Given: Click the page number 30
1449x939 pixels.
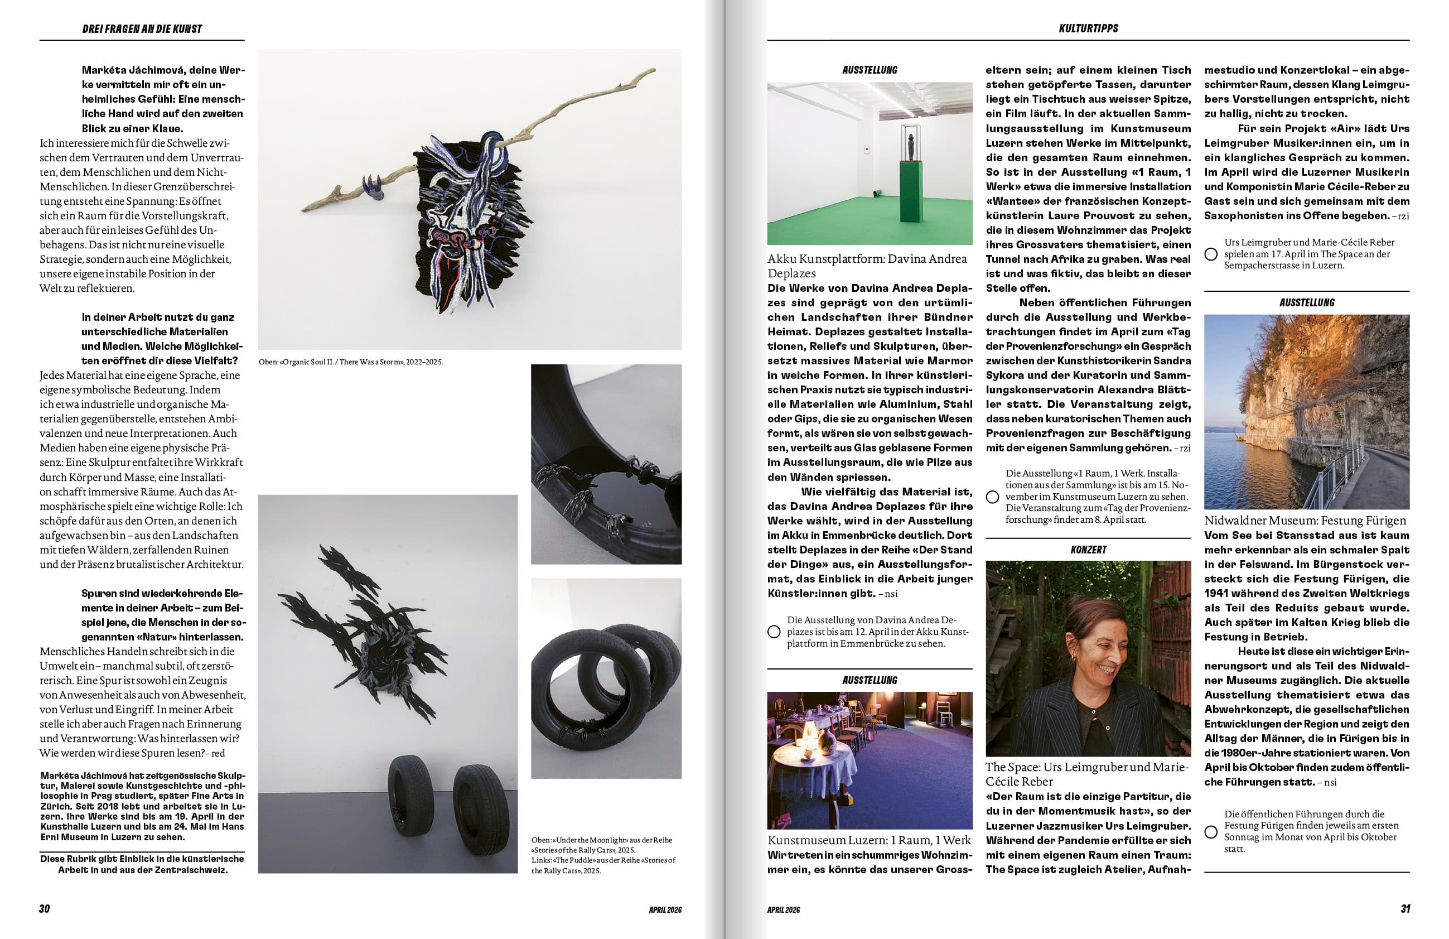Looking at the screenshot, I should (x=45, y=908).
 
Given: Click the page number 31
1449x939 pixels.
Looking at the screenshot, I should (x=1405, y=908).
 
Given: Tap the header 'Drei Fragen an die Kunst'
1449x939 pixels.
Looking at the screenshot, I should (x=142, y=28).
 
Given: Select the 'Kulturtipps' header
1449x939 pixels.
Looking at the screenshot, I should (x=1088, y=28).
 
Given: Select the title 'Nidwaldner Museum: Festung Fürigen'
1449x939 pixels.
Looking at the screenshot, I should (x=1305, y=521).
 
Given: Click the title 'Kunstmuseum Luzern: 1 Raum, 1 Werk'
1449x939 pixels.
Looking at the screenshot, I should (x=869, y=840).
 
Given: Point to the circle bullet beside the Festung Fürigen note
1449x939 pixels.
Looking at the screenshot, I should (x=1211, y=832).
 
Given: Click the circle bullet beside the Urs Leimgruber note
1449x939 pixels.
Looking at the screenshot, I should (x=1211, y=254).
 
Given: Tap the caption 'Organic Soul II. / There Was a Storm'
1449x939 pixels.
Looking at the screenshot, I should (x=351, y=362).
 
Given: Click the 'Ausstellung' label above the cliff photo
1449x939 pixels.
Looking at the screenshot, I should (x=1307, y=302).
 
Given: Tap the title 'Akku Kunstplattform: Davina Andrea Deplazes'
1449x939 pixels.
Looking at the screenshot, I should (x=867, y=266).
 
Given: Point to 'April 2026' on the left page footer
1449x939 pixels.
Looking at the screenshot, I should (x=665, y=910).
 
